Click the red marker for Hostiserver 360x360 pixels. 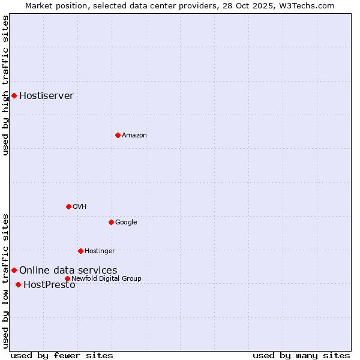(14, 95)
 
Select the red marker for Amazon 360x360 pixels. (118, 135)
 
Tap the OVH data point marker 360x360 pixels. (68, 206)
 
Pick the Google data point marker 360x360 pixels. (111, 222)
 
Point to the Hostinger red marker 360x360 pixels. (80, 251)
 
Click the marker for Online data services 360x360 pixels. (14, 270)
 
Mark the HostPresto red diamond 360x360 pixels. (18, 284)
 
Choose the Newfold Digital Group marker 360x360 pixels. (67, 278)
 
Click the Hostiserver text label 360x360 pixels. (46, 95)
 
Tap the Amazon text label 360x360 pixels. (134, 135)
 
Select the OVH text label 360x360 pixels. (80, 206)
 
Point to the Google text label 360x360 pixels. (126, 222)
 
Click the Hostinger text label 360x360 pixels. (100, 251)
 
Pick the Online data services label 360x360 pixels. (68, 270)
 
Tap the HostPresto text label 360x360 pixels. (49, 284)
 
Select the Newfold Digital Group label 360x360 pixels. (106, 278)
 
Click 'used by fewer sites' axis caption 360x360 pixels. (62, 355)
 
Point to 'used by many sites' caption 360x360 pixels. (301, 355)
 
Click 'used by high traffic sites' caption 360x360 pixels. (5, 85)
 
